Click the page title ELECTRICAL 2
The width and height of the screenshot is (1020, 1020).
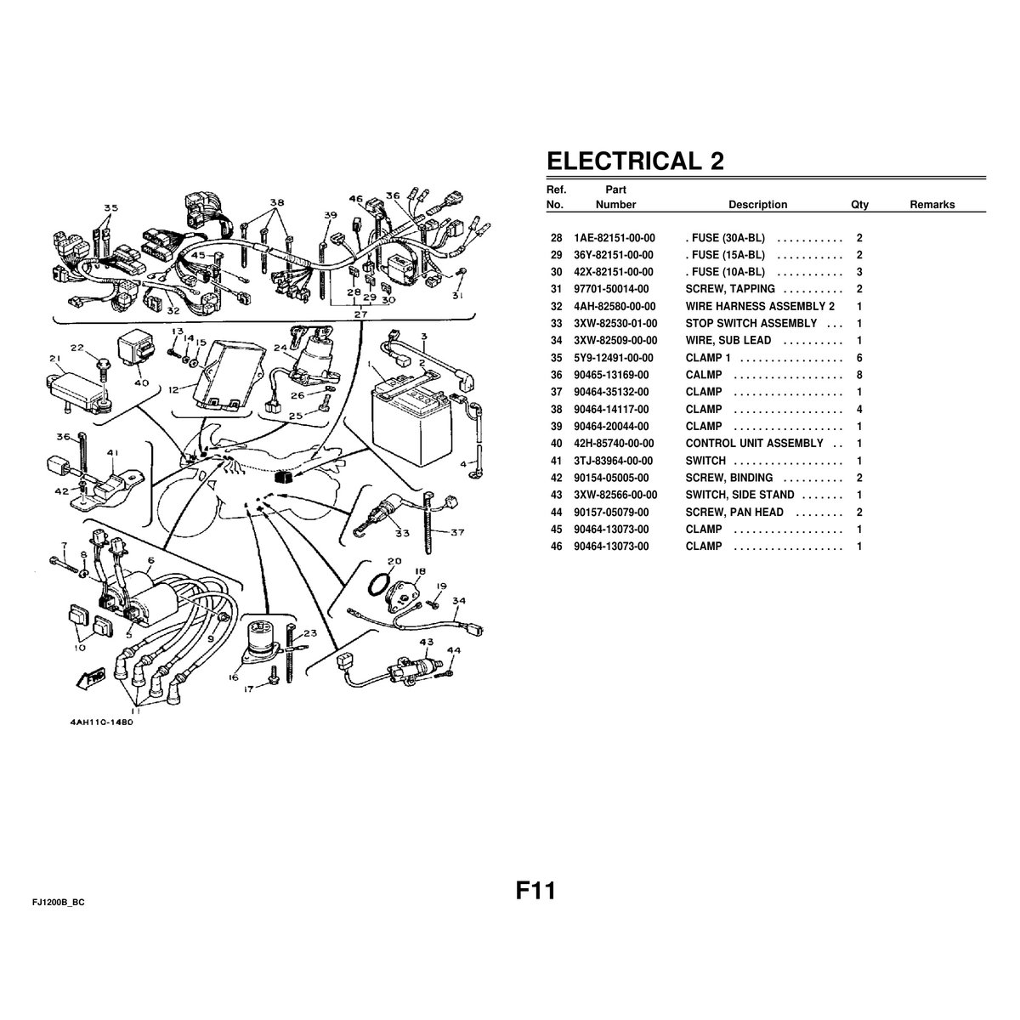[x=635, y=161]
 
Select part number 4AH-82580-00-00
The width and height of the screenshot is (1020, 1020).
[x=615, y=307]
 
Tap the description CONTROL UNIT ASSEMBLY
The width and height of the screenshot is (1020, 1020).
[x=754, y=444]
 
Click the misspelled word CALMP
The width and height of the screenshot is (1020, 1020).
[x=704, y=375]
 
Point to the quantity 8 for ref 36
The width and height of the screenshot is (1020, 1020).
[x=859, y=375]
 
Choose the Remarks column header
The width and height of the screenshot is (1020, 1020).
[x=932, y=205]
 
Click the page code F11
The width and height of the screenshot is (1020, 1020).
[x=535, y=891]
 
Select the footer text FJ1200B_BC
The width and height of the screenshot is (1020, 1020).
[x=59, y=903]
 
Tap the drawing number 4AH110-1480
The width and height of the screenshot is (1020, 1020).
[x=102, y=722]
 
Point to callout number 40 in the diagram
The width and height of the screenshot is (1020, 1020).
[x=141, y=382]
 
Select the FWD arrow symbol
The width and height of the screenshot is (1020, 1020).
[x=91, y=678]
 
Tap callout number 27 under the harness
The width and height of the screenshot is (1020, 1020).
[x=360, y=314]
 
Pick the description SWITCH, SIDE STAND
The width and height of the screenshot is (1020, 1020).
[x=739, y=495]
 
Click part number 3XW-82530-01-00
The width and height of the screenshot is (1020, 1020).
[x=615, y=323]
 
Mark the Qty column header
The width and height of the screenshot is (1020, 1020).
[x=859, y=205]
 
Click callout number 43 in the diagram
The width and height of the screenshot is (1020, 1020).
[x=426, y=642]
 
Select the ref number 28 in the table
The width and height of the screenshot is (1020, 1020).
[x=556, y=238]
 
